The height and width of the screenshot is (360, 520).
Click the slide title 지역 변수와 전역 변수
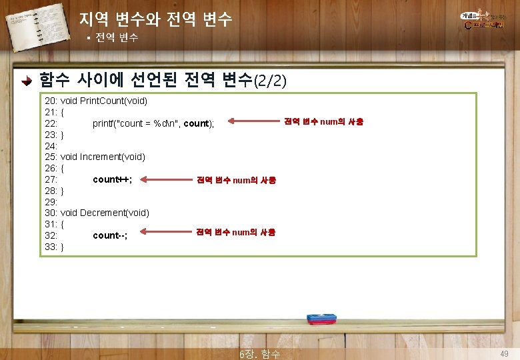click(155, 19)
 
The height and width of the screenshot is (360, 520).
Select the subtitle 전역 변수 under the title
click(117, 37)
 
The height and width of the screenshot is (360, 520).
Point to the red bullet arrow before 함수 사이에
click(25, 81)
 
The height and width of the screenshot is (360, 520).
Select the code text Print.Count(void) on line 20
click(113, 101)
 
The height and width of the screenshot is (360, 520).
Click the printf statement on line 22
click(153, 123)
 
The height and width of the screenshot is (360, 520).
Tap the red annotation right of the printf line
click(323, 121)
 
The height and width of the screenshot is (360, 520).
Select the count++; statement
click(112, 179)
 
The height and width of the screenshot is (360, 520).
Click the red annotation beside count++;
click(235, 180)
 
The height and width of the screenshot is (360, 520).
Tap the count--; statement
click(110, 235)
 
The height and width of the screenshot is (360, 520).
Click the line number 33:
click(51, 247)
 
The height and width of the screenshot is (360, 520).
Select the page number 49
click(505, 353)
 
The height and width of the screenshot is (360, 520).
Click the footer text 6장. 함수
click(260, 353)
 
